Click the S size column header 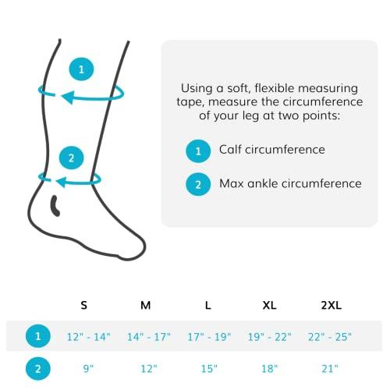click(83, 306)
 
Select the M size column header click(145, 306)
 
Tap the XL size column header click(270, 306)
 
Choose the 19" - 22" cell click(270, 336)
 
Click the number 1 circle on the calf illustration click(81, 69)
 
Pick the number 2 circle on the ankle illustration click(72, 158)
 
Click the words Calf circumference click(271, 149)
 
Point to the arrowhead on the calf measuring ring click(69, 97)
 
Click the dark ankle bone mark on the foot click(55, 206)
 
